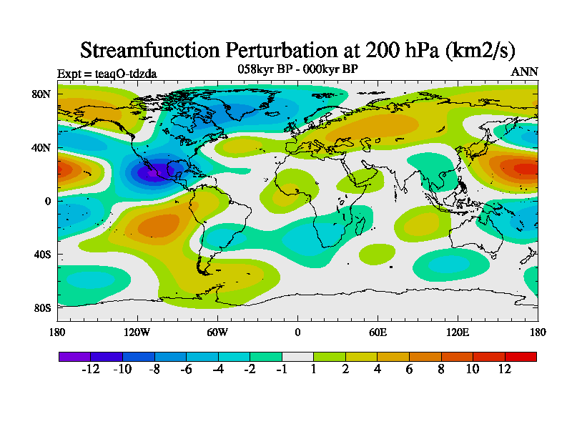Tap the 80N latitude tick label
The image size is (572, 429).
tap(41, 94)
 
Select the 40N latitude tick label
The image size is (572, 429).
tap(41, 147)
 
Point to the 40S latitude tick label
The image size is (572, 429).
tap(41, 254)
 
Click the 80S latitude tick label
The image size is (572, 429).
tap(41, 307)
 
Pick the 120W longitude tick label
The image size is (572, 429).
tap(137, 332)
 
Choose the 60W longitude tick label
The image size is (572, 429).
tap(217, 332)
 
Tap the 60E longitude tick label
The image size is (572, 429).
tap(378, 332)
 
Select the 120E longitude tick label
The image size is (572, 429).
tap(458, 332)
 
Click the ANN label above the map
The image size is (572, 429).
tap(524, 72)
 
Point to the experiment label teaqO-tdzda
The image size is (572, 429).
tap(107, 73)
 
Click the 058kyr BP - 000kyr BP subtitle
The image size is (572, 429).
tap(297, 69)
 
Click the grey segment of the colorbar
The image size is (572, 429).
tap(297, 355)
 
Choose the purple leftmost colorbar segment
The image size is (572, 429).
tap(74, 355)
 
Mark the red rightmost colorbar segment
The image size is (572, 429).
tap(521, 355)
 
